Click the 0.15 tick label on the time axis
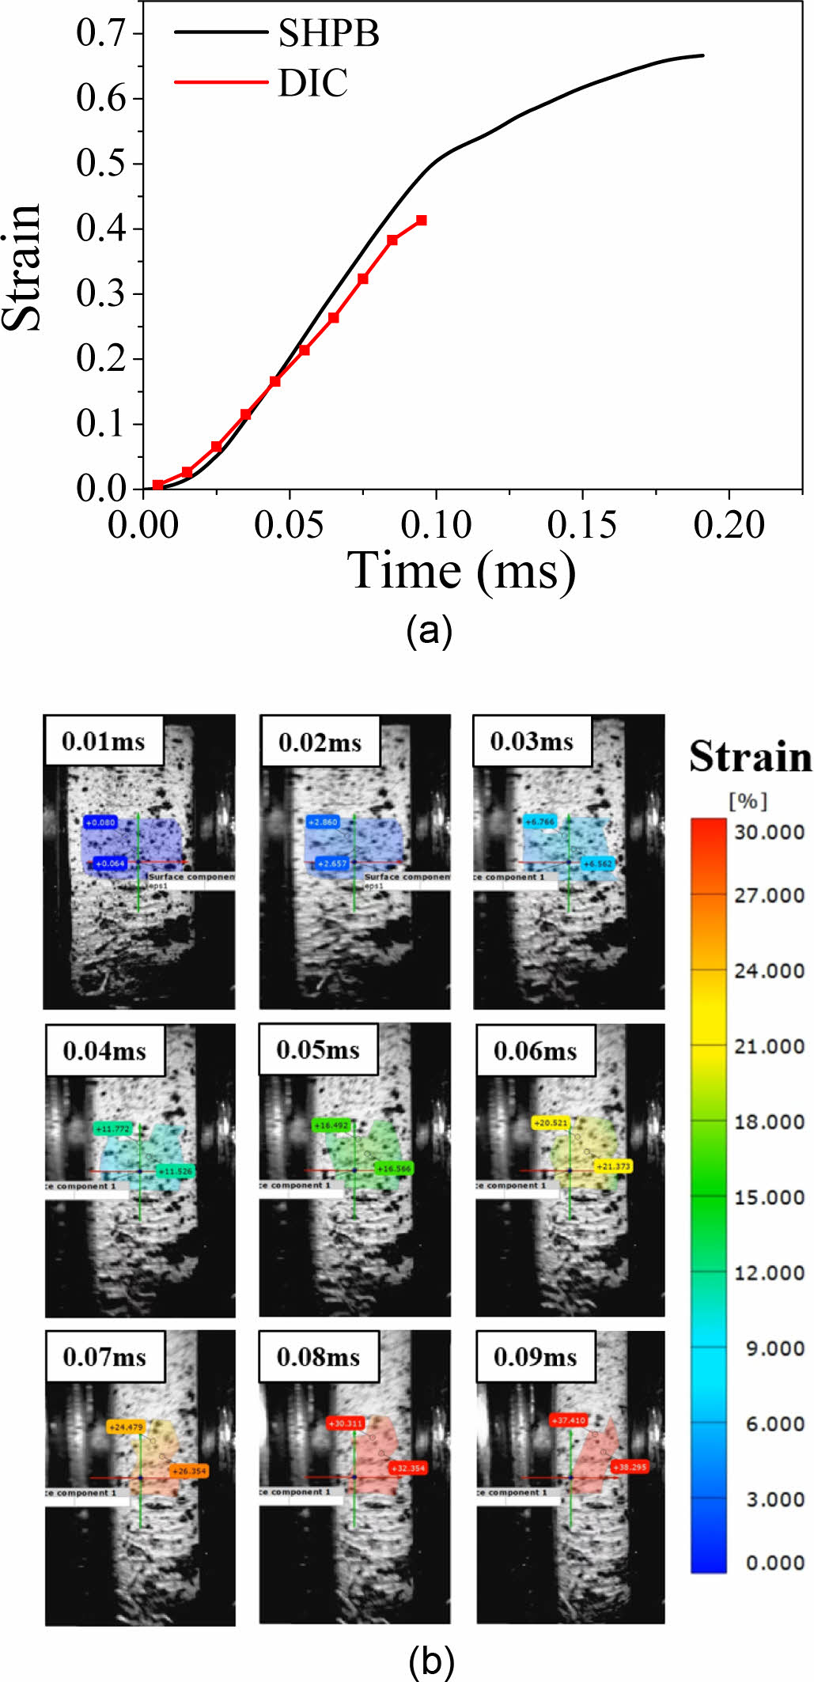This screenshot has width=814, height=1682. point(581,525)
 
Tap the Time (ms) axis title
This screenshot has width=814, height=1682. point(461,571)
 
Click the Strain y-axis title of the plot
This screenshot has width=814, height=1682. point(22,267)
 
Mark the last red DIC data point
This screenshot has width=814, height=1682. point(422,220)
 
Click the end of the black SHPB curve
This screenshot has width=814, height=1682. point(702,55)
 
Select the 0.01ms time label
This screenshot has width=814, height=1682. point(104,741)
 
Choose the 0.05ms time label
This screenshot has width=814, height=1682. point(318,1049)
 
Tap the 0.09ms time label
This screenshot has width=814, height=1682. point(535,1357)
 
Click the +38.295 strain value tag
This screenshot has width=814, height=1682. point(630,1467)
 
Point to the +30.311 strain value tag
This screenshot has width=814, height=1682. point(345,1423)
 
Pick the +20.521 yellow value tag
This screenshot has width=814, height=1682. point(551,1123)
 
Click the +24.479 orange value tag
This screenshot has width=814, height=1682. point(127,1427)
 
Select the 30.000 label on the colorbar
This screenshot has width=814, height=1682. point(769,832)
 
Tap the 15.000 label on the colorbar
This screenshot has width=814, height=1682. point(769,1197)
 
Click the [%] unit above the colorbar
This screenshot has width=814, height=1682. point(748,801)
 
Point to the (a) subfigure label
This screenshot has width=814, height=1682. point(429,630)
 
